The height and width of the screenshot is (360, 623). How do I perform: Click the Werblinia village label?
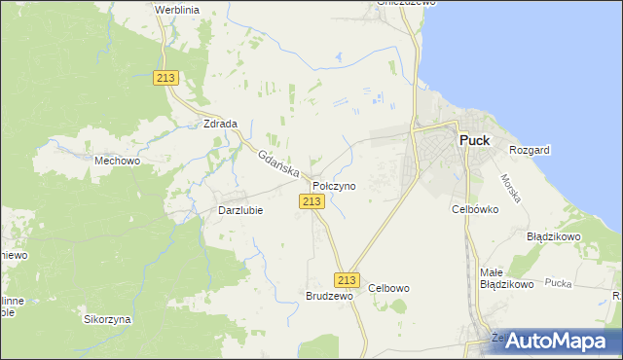pyautogui.click(x=177, y=9)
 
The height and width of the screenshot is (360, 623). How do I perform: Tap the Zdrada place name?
pyautogui.click(x=220, y=124)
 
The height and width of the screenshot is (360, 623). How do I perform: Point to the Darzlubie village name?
pyautogui.click(x=239, y=210)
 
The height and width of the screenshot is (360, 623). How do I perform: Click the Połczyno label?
pyautogui.click(x=334, y=185)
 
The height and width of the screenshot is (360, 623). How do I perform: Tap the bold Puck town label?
pyautogui.click(x=474, y=140)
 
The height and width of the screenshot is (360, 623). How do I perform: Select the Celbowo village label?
pyautogui.click(x=389, y=288)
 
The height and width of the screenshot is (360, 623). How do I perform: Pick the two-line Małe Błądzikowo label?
pyautogui.click(x=506, y=278)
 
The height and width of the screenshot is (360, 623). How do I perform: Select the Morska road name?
pyautogui.click(x=511, y=188)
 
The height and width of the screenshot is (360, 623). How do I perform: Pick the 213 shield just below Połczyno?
pyautogui.click(x=311, y=200)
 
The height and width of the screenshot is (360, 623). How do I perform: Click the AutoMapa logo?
pyautogui.click(x=557, y=342)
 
